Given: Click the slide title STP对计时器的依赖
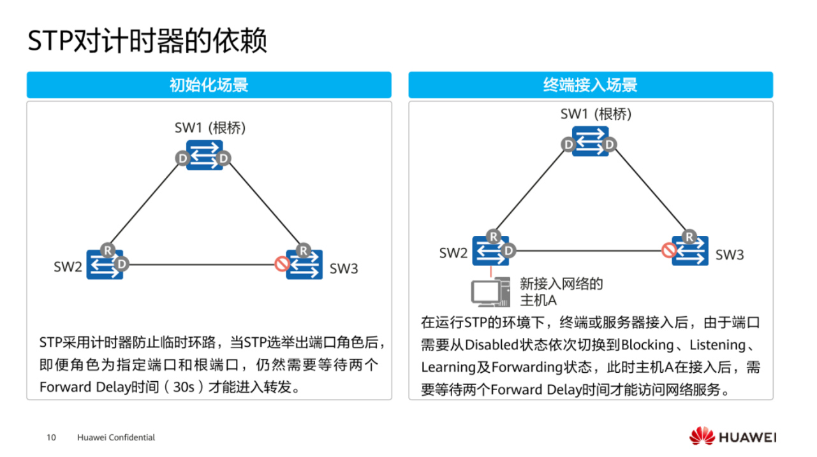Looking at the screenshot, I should (147, 41).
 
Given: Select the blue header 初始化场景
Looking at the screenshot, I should (209, 85).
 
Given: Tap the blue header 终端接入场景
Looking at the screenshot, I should (590, 85).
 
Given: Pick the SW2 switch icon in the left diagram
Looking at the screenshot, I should (105, 265).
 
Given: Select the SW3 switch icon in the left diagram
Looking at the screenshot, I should (304, 265).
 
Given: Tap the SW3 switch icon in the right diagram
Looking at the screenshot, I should (690, 251).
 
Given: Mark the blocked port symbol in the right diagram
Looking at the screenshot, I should (669, 250).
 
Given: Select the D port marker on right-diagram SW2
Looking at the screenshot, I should (508, 250).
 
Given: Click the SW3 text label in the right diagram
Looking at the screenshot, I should (729, 255).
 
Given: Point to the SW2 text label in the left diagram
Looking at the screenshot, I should (68, 267).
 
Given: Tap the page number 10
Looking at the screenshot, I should (52, 437).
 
